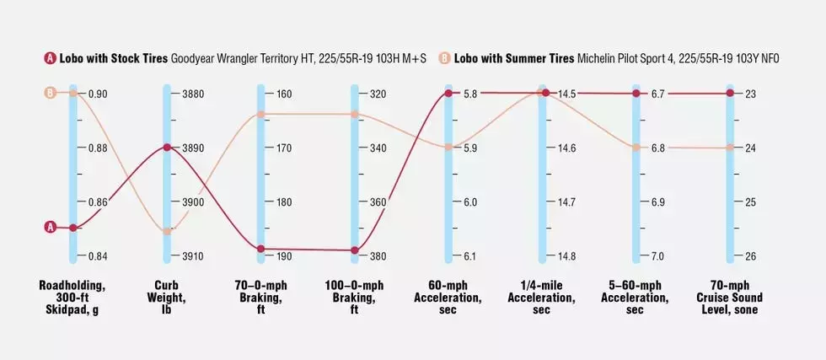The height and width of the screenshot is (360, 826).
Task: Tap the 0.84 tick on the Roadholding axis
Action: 98,256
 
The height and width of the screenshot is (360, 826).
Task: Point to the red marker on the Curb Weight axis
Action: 167,148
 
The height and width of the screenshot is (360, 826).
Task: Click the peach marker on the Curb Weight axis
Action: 167,231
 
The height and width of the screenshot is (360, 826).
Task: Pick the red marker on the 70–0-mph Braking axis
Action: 261,249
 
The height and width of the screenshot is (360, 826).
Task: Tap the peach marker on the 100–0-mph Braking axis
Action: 355,114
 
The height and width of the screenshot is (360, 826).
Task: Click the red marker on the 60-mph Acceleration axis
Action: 449,94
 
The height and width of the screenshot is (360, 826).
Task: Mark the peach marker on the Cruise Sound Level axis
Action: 730,148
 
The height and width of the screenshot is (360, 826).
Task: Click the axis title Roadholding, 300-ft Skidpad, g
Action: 73,298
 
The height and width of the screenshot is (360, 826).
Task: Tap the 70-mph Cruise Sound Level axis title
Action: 730,298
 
